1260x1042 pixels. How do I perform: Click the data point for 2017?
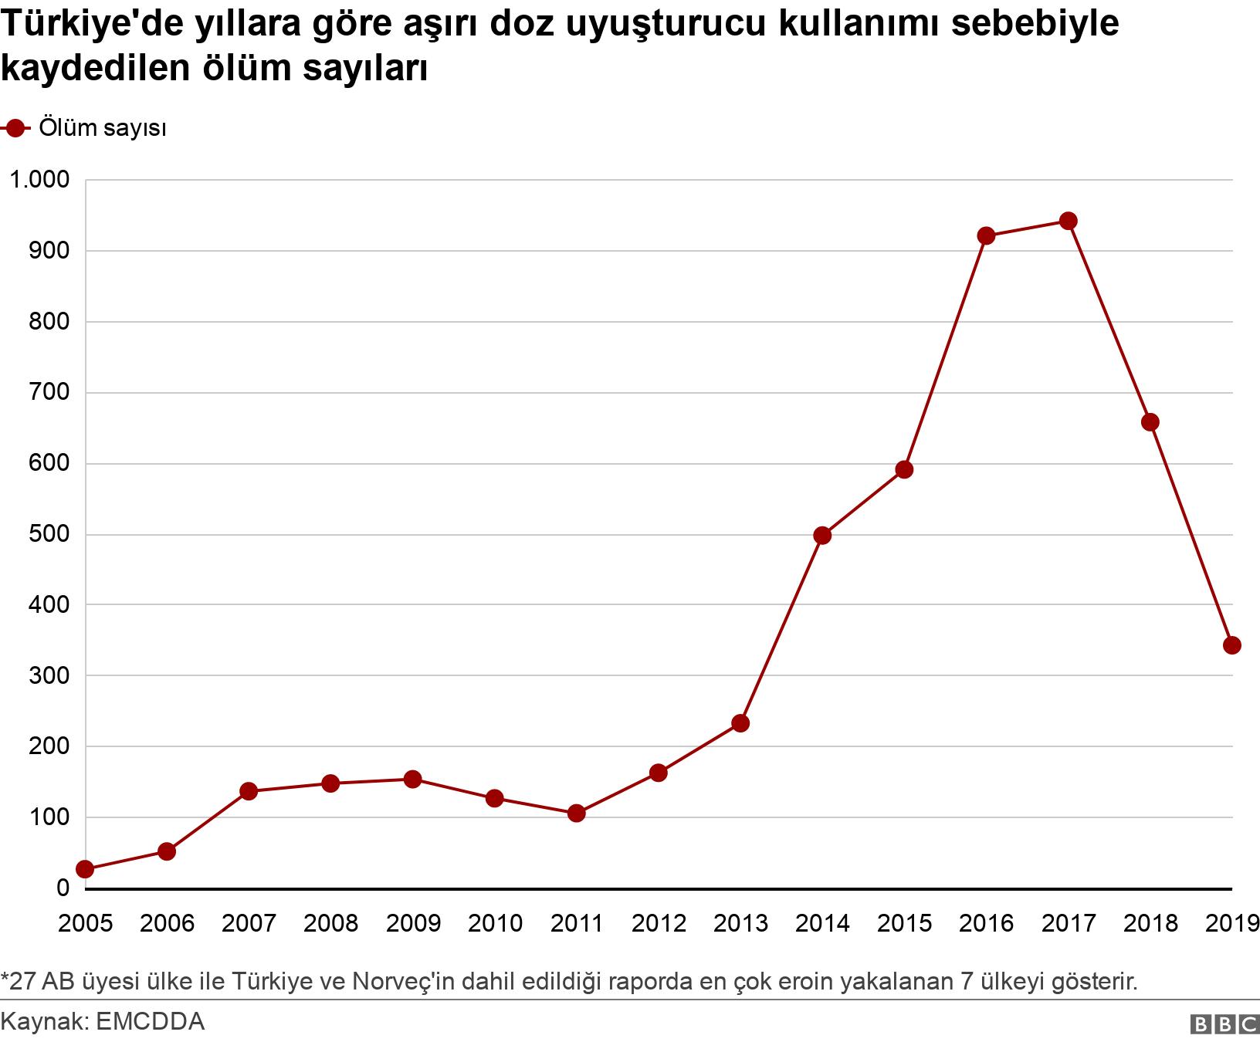(x=1068, y=222)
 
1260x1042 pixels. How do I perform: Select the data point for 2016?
(x=986, y=235)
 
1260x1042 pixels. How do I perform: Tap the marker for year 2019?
(x=1231, y=645)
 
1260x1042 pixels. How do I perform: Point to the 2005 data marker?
(x=85, y=869)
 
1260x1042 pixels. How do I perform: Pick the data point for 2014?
(x=822, y=535)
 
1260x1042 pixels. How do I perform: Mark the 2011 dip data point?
(x=576, y=813)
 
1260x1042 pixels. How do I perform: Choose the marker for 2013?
(x=740, y=723)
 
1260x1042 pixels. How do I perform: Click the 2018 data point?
(x=1150, y=422)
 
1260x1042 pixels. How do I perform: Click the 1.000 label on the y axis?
(x=39, y=180)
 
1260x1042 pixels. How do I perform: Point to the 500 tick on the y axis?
(x=49, y=534)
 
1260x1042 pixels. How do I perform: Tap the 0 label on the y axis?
(x=63, y=888)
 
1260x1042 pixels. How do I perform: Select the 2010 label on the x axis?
(x=494, y=923)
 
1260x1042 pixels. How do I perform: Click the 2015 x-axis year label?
(x=904, y=923)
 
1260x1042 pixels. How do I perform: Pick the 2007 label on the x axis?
(x=249, y=923)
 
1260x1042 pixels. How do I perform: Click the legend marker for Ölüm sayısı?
(x=16, y=128)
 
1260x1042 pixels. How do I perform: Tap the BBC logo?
(x=1224, y=1023)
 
